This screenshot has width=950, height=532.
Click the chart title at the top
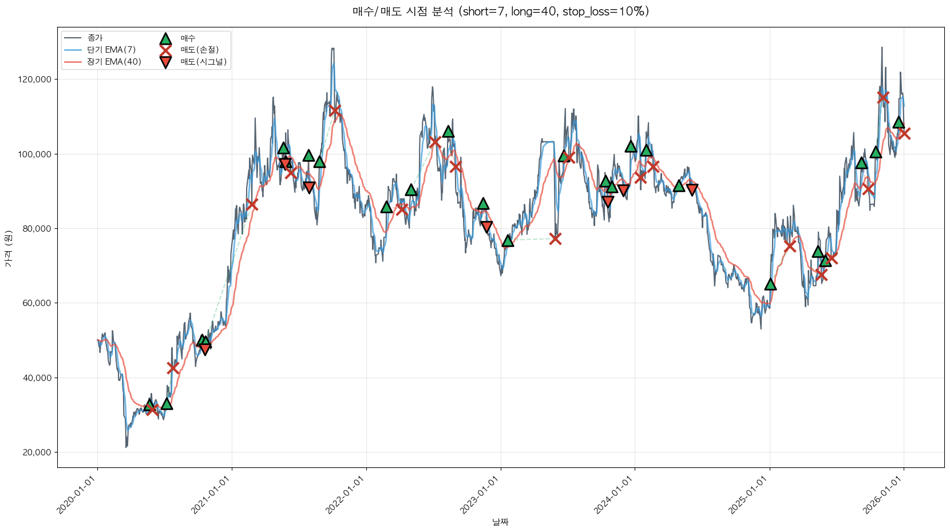pyautogui.click(x=500, y=11)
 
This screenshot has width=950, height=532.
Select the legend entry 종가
pyautogui.click(x=95, y=38)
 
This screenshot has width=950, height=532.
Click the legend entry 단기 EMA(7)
pyautogui.click(x=111, y=50)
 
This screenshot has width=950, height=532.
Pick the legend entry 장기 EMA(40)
pyautogui.click(x=114, y=62)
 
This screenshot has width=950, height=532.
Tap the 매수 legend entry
pyautogui.click(x=188, y=38)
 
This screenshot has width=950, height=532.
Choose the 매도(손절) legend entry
pyautogui.click(x=199, y=50)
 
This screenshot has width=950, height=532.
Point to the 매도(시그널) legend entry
pyautogui.click(x=203, y=62)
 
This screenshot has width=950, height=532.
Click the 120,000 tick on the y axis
pyautogui.click(x=35, y=80)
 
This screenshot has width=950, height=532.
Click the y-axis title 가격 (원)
pyautogui.click(x=8, y=248)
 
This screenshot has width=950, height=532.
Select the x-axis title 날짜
pyautogui.click(x=500, y=522)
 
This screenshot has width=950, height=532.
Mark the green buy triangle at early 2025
pyautogui.click(x=770, y=284)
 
